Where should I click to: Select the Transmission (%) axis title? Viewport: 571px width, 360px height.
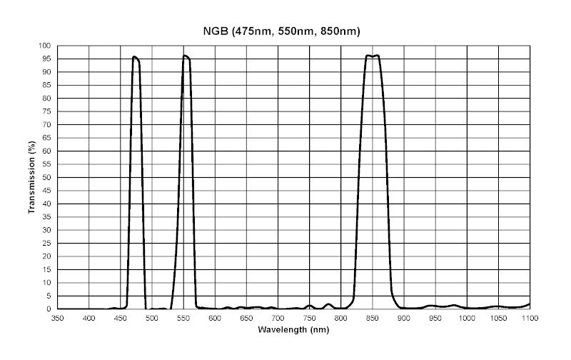pyautogui.click(x=32, y=177)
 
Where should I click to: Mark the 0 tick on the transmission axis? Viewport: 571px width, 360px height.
pyautogui.click(x=51, y=309)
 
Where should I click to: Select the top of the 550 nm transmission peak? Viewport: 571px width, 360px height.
pyautogui.click(x=185, y=56)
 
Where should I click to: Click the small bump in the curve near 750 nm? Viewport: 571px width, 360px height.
pyautogui.click(x=309, y=306)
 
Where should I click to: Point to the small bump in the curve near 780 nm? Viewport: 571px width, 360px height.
pyautogui.click(x=328, y=304)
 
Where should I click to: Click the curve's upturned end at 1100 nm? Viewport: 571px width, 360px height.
pyautogui.click(x=529, y=304)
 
